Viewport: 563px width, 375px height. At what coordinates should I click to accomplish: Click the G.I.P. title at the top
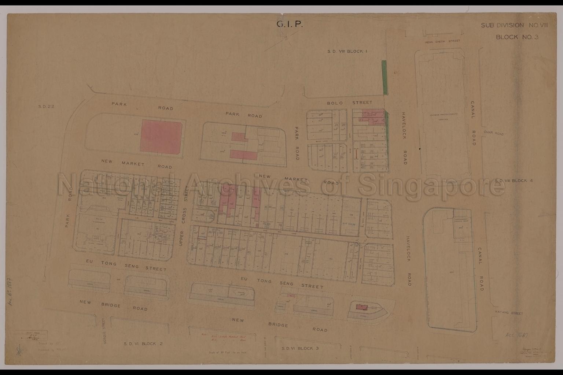(x=289, y=25)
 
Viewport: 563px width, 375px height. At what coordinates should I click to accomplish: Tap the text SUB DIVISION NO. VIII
(x=514, y=25)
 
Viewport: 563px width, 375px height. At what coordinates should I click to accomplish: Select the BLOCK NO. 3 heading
(x=517, y=37)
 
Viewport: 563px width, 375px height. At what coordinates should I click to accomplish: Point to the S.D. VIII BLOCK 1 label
(x=347, y=51)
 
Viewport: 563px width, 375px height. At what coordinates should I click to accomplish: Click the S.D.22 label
(x=46, y=107)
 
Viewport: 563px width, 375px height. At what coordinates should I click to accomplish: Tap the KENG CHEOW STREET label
(x=442, y=41)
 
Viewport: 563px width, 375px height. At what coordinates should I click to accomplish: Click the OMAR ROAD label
(x=494, y=133)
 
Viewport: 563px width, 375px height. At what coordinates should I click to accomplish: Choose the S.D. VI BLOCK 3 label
(x=297, y=348)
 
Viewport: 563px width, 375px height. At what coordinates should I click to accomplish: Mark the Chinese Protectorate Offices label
(x=444, y=117)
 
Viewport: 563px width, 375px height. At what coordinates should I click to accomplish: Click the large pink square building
(x=161, y=135)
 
